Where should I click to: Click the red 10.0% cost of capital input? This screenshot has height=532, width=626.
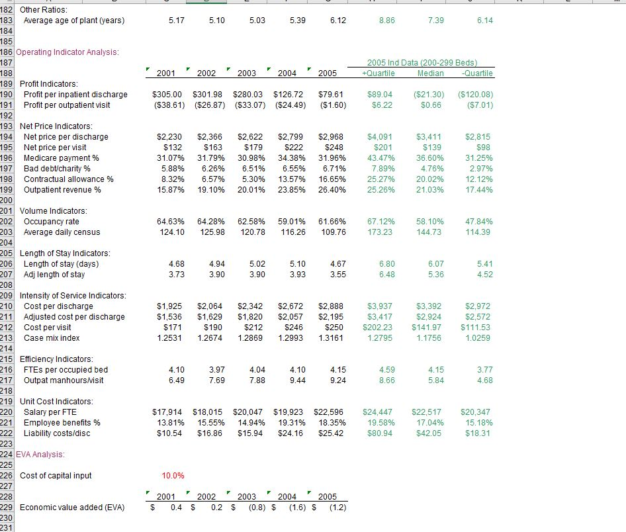tap(173, 476)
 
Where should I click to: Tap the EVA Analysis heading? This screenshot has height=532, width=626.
tap(44, 455)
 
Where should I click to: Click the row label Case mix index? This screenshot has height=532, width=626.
tap(52, 338)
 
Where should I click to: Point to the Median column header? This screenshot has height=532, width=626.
tap(431, 73)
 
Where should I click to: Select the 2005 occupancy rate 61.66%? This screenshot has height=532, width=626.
tap(332, 222)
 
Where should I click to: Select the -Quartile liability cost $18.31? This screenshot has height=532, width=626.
tap(478, 433)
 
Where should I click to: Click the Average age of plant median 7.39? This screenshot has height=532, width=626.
tap(436, 21)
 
